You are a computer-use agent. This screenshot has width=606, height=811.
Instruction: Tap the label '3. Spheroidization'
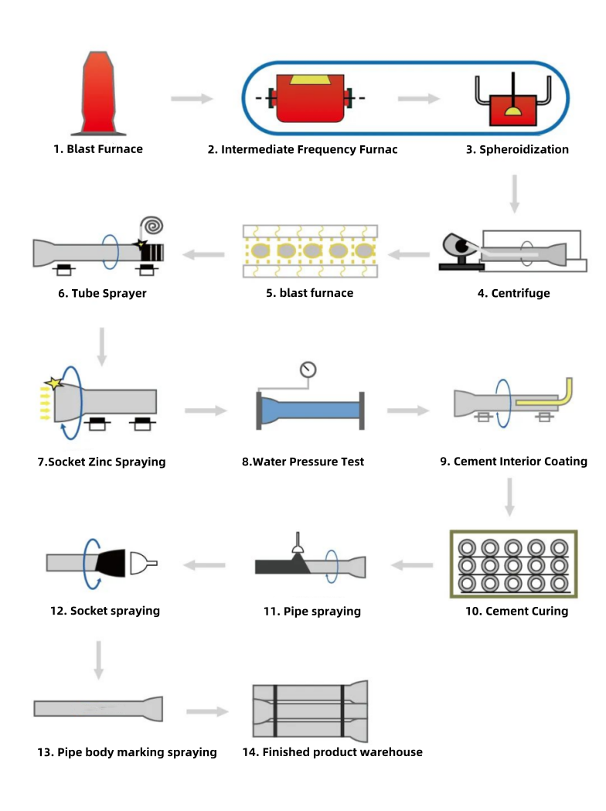coord(517,149)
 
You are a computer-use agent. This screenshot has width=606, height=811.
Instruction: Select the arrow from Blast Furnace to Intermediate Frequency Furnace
coord(192,99)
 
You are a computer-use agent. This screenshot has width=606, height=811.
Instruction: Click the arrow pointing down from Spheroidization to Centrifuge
coord(515,193)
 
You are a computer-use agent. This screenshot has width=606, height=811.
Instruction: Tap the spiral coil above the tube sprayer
coord(151,225)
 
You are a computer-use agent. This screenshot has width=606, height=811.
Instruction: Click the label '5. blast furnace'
coord(310,293)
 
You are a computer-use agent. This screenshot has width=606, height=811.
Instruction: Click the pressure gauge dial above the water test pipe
coord(309,370)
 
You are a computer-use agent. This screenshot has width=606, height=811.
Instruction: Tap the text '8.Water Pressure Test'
coord(303,462)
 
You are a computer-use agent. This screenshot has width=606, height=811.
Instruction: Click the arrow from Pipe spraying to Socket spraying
coord(204,565)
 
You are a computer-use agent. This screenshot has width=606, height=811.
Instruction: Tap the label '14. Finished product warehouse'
coord(332,751)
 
